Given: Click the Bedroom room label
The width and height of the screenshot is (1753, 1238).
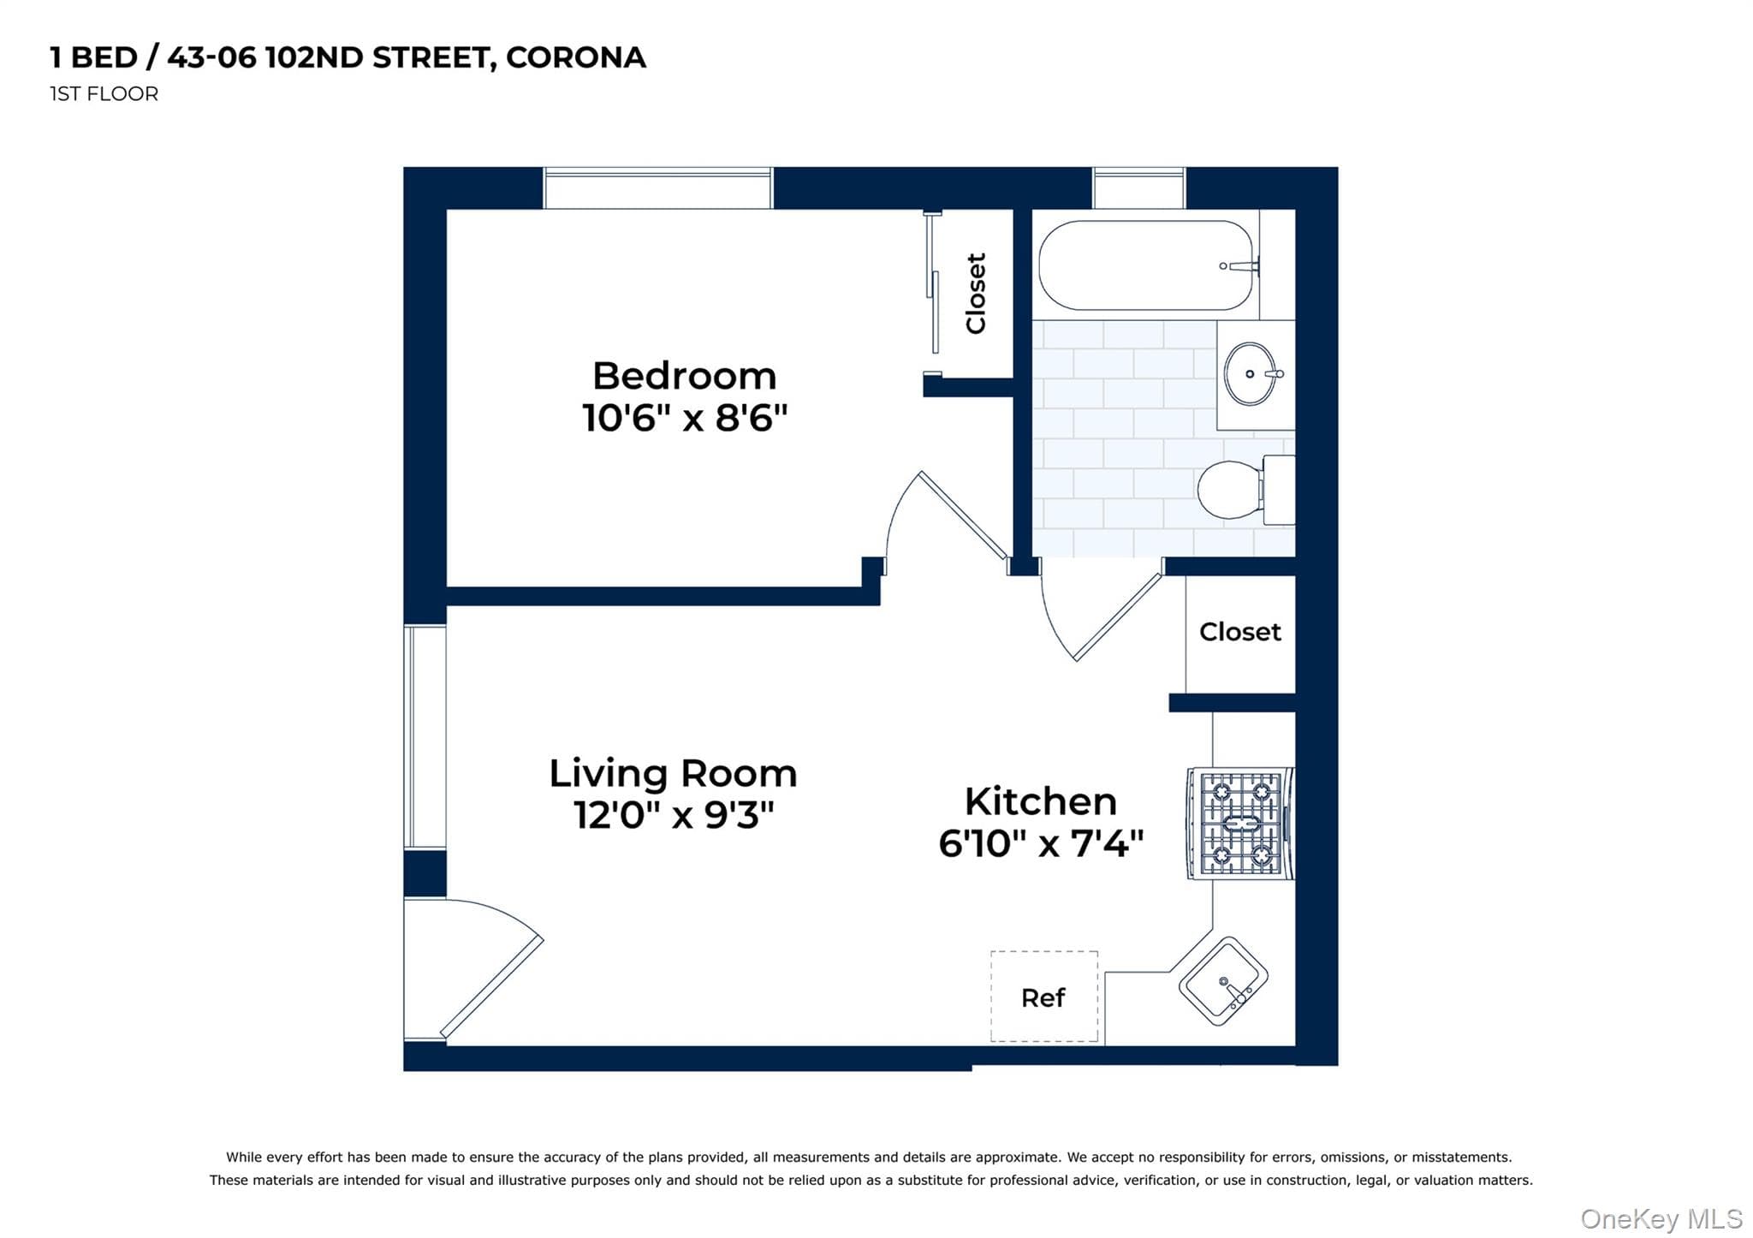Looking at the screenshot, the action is pyautogui.click(x=684, y=376).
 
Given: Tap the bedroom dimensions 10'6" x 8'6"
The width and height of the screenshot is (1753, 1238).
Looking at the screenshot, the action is pyautogui.click(x=685, y=418).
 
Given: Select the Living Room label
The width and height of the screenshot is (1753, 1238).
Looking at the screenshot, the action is pyautogui.click(x=673, y=773).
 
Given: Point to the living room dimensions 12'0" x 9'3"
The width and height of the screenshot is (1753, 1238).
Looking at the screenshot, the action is pyautogui.click(x=674, y=814).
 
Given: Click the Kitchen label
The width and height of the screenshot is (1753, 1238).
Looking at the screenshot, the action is pyautogui.click(x=1041, y=801).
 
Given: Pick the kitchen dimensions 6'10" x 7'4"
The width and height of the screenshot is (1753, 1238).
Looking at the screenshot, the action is pyautogui.click(x=1041, y=843).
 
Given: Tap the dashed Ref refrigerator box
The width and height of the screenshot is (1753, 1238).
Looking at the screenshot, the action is pyautogui.click(x=1044, y=996).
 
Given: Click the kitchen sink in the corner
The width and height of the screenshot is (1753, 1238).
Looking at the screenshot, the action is pyautogui.click(x=1223, y=981).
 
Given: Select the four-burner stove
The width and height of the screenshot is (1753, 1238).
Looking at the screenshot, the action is pyautogui.click(x=1240, y=824).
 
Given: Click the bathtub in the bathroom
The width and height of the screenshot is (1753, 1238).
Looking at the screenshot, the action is pyautogui.click(x=1147, y=265).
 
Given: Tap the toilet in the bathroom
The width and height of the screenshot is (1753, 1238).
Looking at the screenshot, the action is pyautogui.click(x=1245, y=490).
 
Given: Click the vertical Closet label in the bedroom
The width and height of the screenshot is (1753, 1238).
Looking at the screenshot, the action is pyautogui.click(x=976, y=293).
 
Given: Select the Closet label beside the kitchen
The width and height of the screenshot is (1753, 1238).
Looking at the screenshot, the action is pyautogui.click(x=1240, y=632).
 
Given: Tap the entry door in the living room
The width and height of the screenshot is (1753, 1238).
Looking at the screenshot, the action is pyautogui.click(x=473, y=969).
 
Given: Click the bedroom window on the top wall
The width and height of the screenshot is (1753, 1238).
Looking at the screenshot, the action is pyautogui.click(x=658, y=188).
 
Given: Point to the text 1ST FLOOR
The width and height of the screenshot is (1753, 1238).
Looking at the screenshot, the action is pyautogui.click(x=104, y=94).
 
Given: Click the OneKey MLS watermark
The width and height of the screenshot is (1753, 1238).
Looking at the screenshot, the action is pyautogui.click(x=1661, y=1218).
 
